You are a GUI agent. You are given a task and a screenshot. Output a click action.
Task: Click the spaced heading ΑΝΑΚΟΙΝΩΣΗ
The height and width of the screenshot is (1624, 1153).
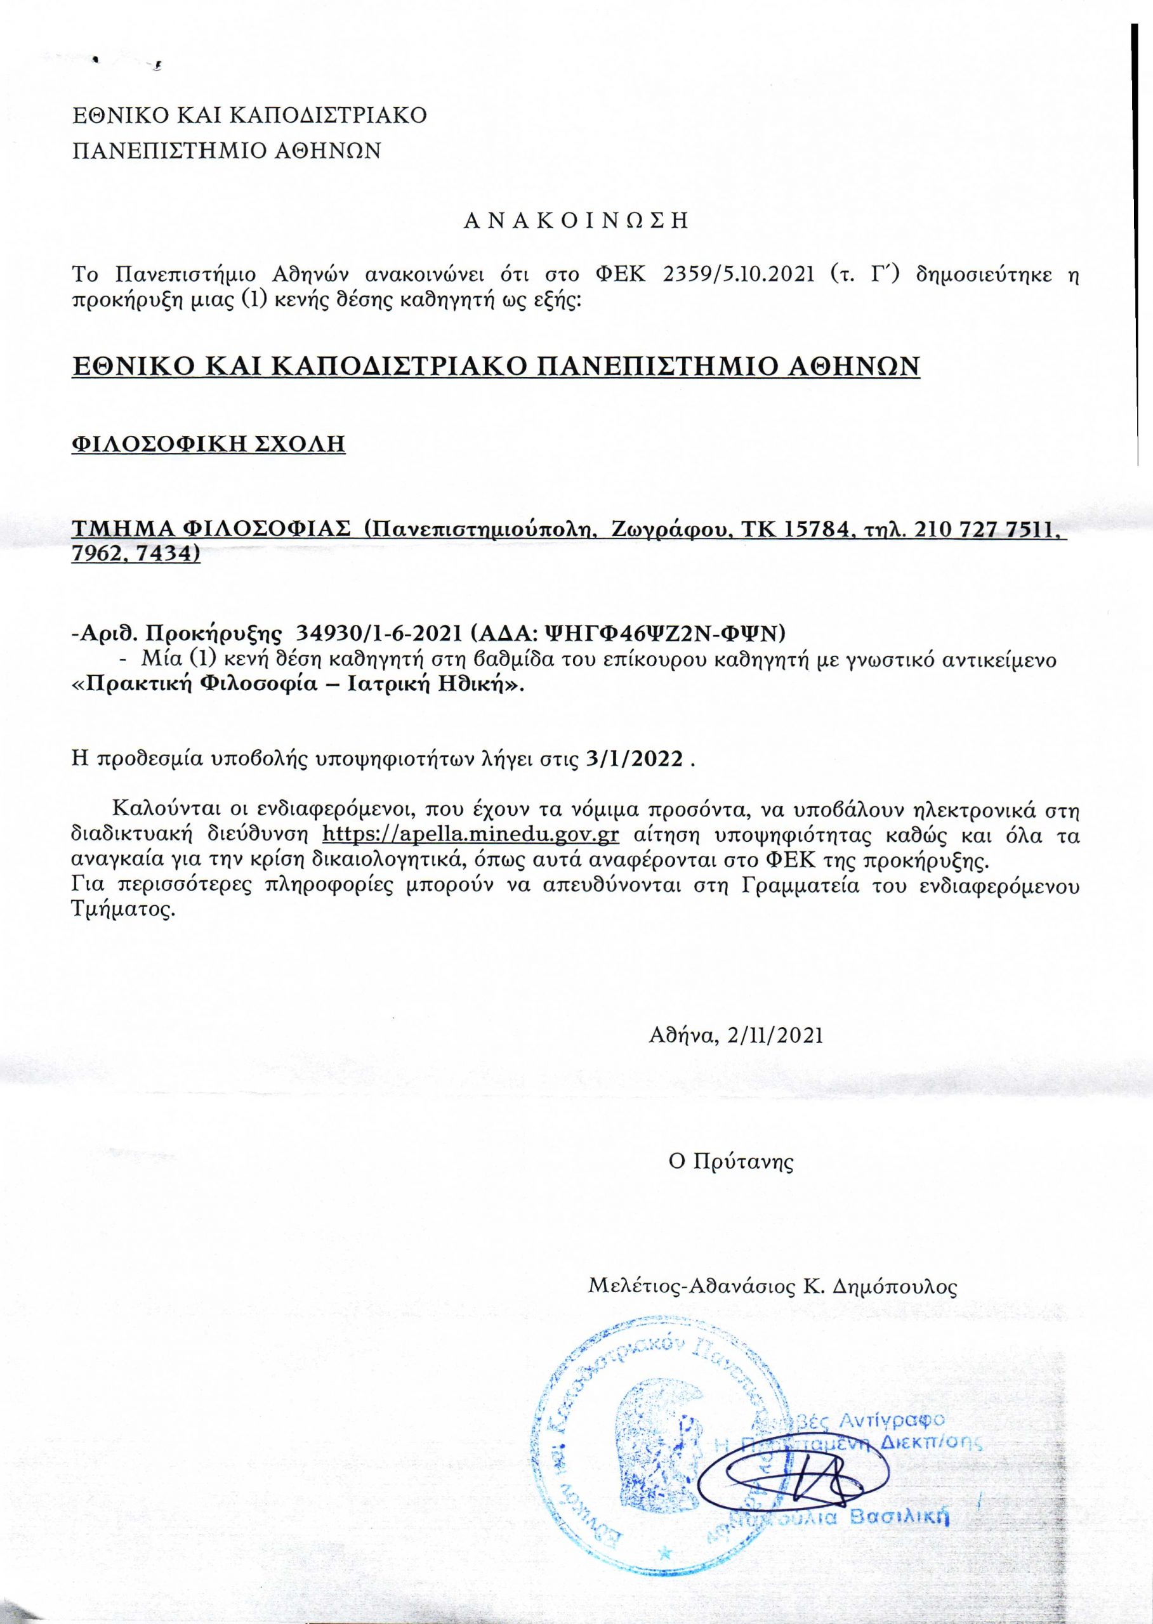click(x=576, y=221)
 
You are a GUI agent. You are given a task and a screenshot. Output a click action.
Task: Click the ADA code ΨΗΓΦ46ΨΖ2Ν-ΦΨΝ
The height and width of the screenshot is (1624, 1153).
click(x=711, y=631)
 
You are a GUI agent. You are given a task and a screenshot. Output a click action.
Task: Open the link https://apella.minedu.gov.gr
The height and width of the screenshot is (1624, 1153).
click(x=471, y=835)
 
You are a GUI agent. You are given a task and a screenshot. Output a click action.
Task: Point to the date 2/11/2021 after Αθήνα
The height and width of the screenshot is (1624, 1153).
click(x=776, y=1035)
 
